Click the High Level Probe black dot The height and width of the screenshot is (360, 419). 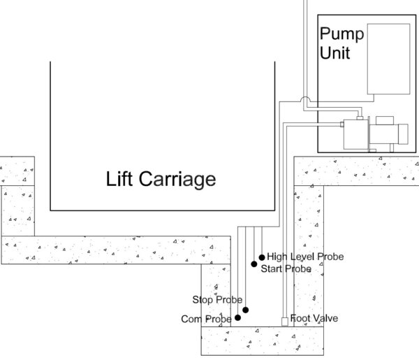pos(262,257)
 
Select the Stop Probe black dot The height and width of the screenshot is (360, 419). pos(244,310)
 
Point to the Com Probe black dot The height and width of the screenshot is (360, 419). pos(238,317)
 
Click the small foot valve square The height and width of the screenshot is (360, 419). pos(284,322)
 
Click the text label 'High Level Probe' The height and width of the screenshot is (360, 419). pos(306,257)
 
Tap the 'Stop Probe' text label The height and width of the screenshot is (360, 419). pos(217,301)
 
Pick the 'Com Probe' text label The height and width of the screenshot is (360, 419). pos(207,319)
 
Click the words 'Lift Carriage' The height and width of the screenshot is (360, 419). pos(161,180)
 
